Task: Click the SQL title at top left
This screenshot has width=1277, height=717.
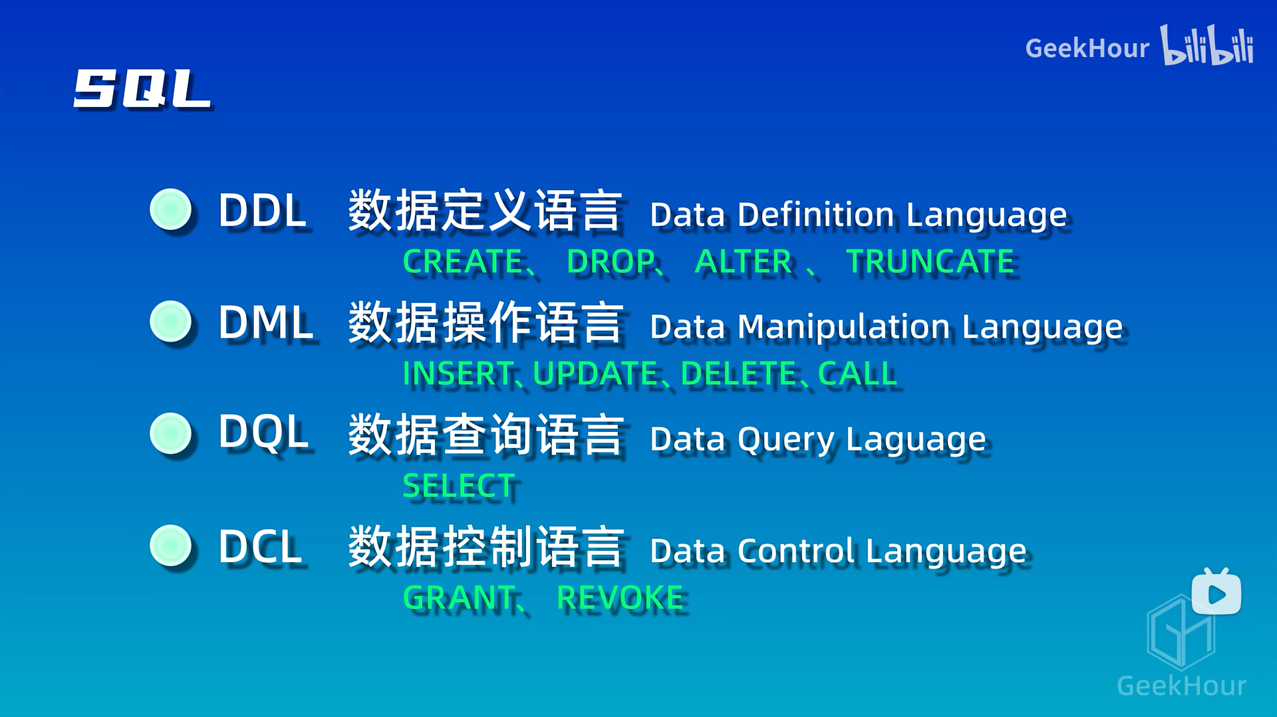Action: pyautogui.click(x=142, y=88)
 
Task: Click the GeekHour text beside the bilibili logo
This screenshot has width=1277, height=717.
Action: pyautogui.click(x=1087, y=49)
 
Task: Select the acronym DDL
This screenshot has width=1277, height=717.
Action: pyautogui.click(x=262, y=211)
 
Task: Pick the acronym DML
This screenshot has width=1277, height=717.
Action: pyautogui.click(x=265, y=323)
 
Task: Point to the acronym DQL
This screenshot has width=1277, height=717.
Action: pyautogui.click(x=263, y=433)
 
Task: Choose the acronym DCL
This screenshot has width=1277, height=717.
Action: pyautogui.click(x=260, y=548)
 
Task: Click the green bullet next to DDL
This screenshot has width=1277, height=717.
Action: pyautogui.click(x=171, y=209)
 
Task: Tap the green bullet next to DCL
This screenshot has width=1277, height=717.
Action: pyautogui.click(x=171, y=546)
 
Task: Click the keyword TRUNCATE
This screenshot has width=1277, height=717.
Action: pyautogui.click(x=930, y=262)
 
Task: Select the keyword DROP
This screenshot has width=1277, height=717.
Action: pyautogui.click(x=611, y=262)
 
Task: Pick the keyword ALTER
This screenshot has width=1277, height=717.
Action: pyautogui.click(x=743, y=262)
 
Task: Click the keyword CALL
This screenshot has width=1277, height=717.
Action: pyautogui.click(x=857, y=373)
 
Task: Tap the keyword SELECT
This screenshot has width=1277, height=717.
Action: pyautogui.click(x=459, y=486)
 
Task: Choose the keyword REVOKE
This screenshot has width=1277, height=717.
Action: pyautogui.click(x=620, y=598)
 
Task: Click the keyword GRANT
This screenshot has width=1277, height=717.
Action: pyautogui.click(x=459, y=598)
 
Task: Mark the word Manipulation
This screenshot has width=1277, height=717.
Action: pyautogui.click(x=844, y=328)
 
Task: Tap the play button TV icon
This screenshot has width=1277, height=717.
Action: pyautogui.click(x=1216, y=593)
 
